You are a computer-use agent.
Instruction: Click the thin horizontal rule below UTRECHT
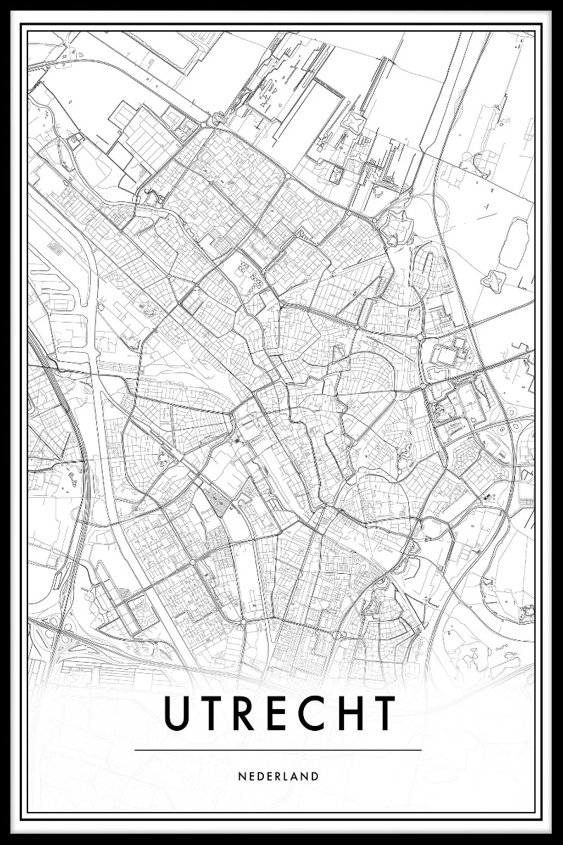tap(278, 750)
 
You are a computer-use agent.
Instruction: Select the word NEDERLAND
tap(279, 777)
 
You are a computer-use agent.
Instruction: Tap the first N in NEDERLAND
tap(242, 777)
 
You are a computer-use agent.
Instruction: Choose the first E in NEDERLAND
tap(251, 777)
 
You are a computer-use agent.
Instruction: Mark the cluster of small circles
tap(251, 276)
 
